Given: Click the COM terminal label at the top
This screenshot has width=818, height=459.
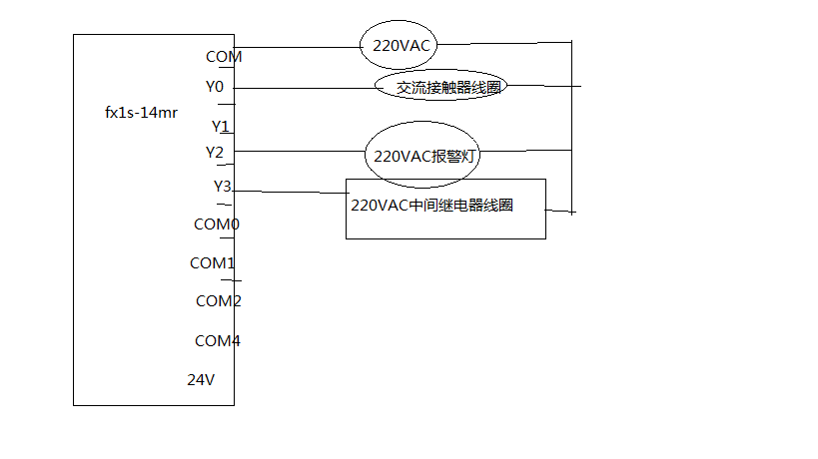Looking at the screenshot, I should tap(224, 57).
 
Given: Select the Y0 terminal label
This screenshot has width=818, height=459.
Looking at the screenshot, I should tap(215, 87).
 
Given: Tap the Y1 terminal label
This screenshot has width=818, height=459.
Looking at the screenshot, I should tap(221, 127).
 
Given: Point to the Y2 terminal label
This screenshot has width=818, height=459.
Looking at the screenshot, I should tap(215, 152).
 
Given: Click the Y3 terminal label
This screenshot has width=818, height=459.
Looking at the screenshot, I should tap(223, 186).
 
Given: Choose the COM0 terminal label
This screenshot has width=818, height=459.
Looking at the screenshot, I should tap(217, 224).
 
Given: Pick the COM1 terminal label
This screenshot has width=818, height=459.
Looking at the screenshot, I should tap(213, 263).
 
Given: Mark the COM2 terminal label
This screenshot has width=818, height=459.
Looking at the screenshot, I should tap(218, 300).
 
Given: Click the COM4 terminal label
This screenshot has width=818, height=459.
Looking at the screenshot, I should tap(217, 341).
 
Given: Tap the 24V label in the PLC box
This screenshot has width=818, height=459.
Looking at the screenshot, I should tap(201, 379).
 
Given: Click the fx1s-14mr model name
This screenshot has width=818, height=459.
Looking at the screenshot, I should tap(142, 113).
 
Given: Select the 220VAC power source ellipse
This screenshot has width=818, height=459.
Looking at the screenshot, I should tap(401, 45).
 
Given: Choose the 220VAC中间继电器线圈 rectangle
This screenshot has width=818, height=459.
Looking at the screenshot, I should tap(445, 209).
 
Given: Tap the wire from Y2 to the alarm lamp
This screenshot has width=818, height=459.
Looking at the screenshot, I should tap(300, 152).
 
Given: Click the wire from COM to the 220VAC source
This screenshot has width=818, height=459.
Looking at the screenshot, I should tap(300, 47).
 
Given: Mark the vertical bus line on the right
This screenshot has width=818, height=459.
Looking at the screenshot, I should tap(572, 130).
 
